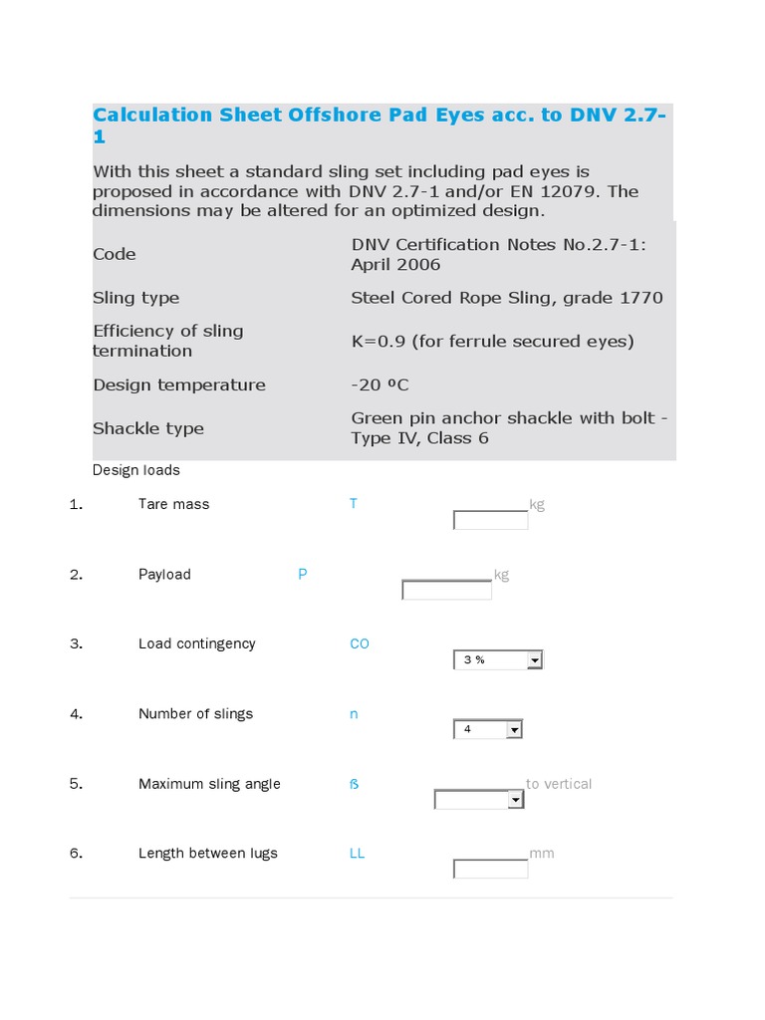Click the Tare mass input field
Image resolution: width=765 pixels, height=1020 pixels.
[490, 520]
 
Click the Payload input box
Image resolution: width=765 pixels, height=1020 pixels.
[446, 590]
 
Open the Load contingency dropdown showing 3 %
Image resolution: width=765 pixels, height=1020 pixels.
[498, 659]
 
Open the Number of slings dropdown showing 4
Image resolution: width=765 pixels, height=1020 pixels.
[488, 729]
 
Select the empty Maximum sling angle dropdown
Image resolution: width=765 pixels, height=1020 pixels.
[479, 800]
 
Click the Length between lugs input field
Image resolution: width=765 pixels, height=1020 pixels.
[490, 869]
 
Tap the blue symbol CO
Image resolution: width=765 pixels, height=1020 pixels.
[360, 644]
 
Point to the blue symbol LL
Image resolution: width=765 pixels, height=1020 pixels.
[357, 854]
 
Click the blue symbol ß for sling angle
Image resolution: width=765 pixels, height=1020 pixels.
[354, 784]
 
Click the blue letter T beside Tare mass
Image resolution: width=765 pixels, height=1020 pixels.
[353, 504]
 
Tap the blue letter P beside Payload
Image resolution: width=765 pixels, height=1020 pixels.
[303, 575]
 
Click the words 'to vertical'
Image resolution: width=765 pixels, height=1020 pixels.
[559, 784]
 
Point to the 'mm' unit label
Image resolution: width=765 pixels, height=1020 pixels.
[541, 854]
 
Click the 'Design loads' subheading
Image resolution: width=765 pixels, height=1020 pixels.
[136, 470]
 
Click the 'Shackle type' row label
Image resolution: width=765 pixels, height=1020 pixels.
[148, 428]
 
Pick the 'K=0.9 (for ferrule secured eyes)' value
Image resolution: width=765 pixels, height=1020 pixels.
[492, 341]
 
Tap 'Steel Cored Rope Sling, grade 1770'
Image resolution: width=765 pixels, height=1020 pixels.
[507, 298]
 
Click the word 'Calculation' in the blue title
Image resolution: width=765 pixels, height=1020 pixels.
[152, 115]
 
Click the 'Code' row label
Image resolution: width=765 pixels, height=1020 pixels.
[115, 254]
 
